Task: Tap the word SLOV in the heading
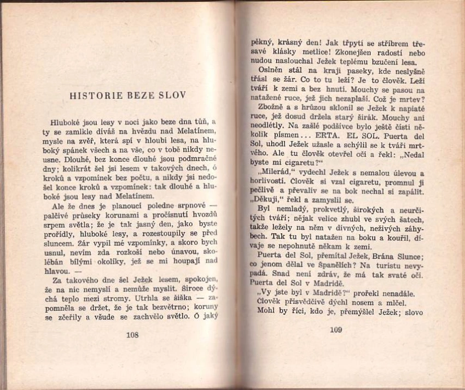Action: (175, 95)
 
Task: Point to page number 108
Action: (132, 335)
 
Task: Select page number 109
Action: (335, 329)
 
